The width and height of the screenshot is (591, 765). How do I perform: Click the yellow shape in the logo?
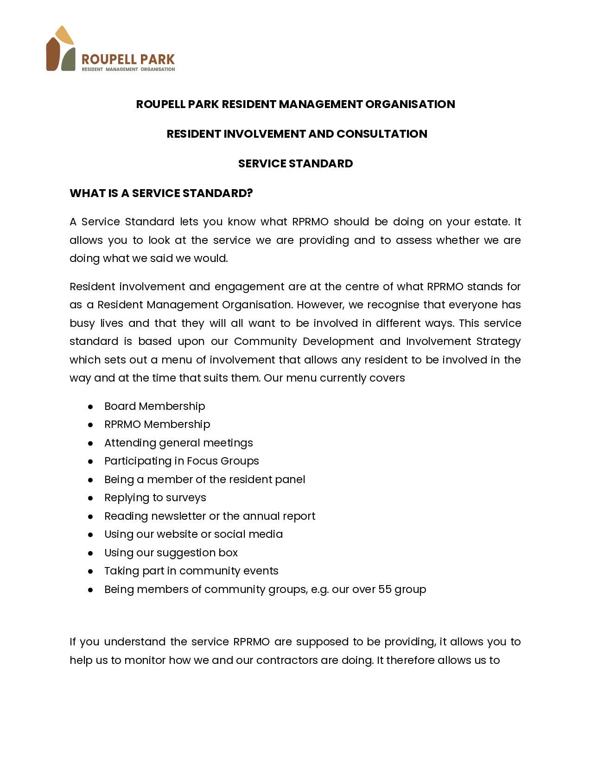(x=64, y=36)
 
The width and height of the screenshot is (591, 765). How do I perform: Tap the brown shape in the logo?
(x=52, y=55)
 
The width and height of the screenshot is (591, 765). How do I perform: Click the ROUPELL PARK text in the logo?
(x=128, y=59)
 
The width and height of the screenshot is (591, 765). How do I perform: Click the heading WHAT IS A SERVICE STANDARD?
(x=161, y=193)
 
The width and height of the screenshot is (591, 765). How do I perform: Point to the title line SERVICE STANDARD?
(x=295, y=164)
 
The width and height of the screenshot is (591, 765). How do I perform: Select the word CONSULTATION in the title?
(x=381, y=134)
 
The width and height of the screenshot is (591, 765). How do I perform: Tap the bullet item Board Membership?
(x=154, y=406)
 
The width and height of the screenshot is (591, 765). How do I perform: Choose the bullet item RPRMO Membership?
(x=157, y=424)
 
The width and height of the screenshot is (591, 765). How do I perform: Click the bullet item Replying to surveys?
(x=155, y=497)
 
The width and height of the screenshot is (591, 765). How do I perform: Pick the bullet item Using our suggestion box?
(x=171, y=553)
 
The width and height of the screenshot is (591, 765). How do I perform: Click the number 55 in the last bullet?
(x=385, y=589)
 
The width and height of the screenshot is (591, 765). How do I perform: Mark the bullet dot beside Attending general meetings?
(x=91, y=443)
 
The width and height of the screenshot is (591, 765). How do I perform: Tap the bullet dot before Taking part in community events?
(x=91, y=571)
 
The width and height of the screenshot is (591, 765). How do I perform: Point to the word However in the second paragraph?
(x=318, y=305)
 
